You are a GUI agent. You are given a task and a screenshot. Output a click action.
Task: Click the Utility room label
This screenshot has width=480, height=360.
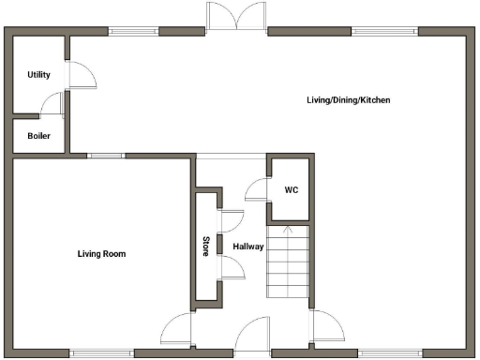point(38,75)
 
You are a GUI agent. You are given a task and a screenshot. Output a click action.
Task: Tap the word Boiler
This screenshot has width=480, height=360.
point(38,135)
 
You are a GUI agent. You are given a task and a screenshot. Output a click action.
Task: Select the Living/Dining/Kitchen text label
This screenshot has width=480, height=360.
point(348,100)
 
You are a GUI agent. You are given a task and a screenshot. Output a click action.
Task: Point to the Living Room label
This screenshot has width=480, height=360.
point(100,254)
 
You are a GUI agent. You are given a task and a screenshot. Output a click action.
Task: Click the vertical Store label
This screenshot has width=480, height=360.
point(206,247)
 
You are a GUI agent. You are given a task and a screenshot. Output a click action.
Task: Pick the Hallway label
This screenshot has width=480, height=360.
point(248,247)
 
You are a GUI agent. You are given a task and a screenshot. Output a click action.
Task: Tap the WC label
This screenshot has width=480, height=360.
point(292,189)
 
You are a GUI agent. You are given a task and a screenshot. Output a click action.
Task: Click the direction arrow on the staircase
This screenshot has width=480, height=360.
point(287,229)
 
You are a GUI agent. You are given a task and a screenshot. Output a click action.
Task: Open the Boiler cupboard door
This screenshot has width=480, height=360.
point(52,106)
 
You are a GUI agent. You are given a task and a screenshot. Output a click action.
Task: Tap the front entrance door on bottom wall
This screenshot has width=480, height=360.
point(252,337)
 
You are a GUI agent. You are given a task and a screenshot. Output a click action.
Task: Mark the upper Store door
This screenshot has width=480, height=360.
point(231,219)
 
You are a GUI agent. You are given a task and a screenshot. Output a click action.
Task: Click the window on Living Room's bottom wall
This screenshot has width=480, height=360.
point(101,353)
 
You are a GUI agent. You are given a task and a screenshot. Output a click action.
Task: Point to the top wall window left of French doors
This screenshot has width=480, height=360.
point(134,31)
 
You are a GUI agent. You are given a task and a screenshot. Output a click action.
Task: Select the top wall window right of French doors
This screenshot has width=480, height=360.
point(384,31)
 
